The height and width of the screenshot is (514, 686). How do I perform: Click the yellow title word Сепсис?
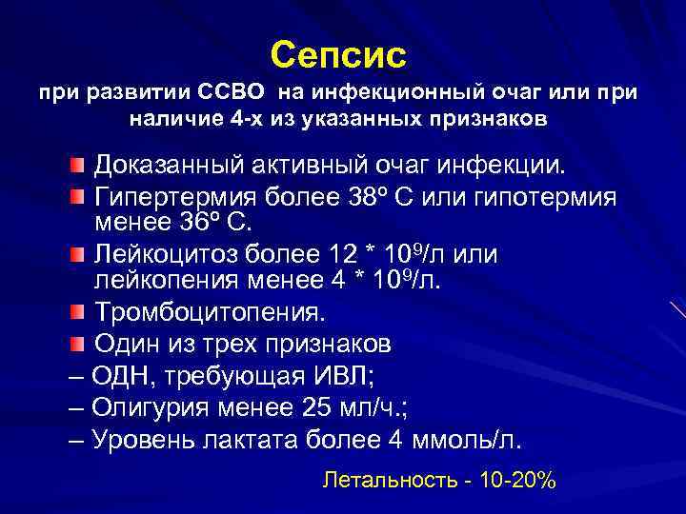[x=338, y=54]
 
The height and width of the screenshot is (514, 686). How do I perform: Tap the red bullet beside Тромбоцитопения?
[x=78, y=312]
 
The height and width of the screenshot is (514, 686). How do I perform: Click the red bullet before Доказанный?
[x=78, y=167]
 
